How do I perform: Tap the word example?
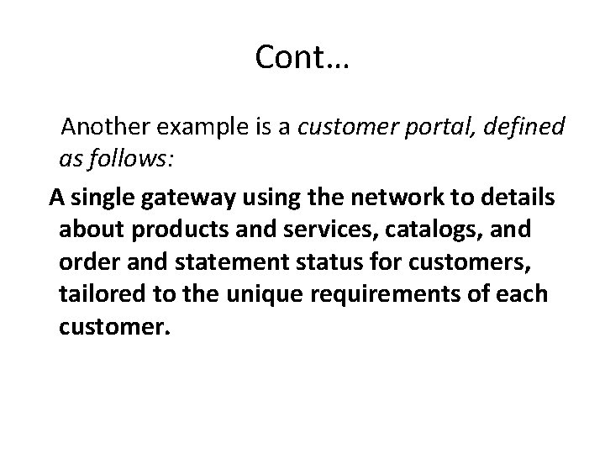coord(197,128)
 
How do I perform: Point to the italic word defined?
coord(523,128)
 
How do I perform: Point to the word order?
coord(87,261)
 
